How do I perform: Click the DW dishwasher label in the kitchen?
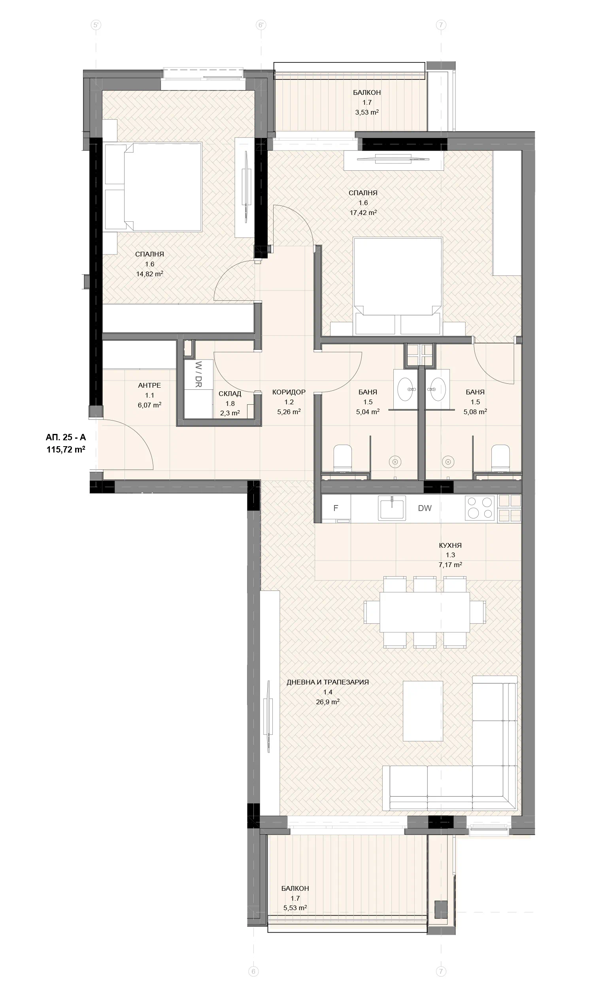[425, 508]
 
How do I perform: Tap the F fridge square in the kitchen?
[336, 508]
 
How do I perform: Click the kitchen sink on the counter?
[392, 508]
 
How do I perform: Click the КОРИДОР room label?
[289, 392]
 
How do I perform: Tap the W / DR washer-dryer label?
[198, 374]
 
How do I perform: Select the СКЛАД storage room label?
[230, 394]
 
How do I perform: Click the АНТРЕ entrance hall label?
[149, 385]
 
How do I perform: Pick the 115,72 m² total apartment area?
[66, 450]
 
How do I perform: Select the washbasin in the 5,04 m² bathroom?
[406, 389]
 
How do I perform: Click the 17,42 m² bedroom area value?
[363, 213]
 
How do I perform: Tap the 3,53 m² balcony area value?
[367, 112]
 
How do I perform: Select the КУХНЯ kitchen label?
[450, 545]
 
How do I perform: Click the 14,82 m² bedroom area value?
[150, 274]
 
